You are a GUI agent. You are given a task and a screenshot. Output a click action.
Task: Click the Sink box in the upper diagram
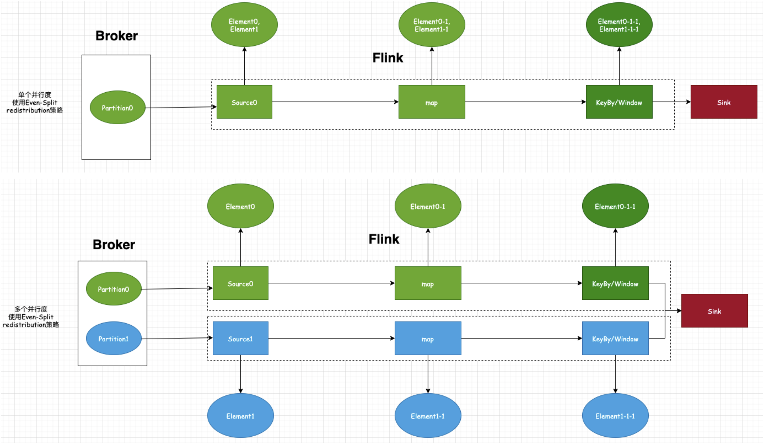coord(723,102)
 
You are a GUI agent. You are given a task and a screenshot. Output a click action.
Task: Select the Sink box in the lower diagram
coord(714,310)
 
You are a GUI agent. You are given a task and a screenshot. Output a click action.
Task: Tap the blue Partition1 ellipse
coord(114,338)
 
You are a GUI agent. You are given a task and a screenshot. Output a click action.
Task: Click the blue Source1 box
coord(240,338)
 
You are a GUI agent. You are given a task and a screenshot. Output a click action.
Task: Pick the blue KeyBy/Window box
coord(615,338)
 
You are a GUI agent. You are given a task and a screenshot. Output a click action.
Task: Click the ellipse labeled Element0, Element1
coord(244,25)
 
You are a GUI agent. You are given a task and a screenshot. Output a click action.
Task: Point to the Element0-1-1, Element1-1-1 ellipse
coord(619,25)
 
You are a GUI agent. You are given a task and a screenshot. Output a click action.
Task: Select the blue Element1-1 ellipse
coord(428,416)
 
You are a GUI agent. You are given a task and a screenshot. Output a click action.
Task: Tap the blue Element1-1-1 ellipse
coord(615,416)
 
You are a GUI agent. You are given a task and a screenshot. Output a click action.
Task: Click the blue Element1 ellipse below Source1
coord(240,416)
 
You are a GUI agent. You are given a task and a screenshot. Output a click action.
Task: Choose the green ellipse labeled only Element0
coord(240,206)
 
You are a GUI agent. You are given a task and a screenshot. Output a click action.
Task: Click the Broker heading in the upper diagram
coord(116,36)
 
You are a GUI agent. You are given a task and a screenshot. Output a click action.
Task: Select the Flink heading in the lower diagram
coord(384,239)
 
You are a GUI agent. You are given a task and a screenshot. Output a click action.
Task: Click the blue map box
coord(428,338)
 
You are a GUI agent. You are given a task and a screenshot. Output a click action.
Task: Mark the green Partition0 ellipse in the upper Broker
coord(117,107)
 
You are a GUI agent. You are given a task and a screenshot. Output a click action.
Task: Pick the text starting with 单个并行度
coord(34,102)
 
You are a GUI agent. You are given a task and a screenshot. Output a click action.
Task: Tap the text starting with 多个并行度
coord(31,317)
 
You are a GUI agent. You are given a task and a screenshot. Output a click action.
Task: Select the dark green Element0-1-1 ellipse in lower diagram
coord(615,206)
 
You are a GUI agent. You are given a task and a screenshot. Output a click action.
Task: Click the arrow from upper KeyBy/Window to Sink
coord(670,102)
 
